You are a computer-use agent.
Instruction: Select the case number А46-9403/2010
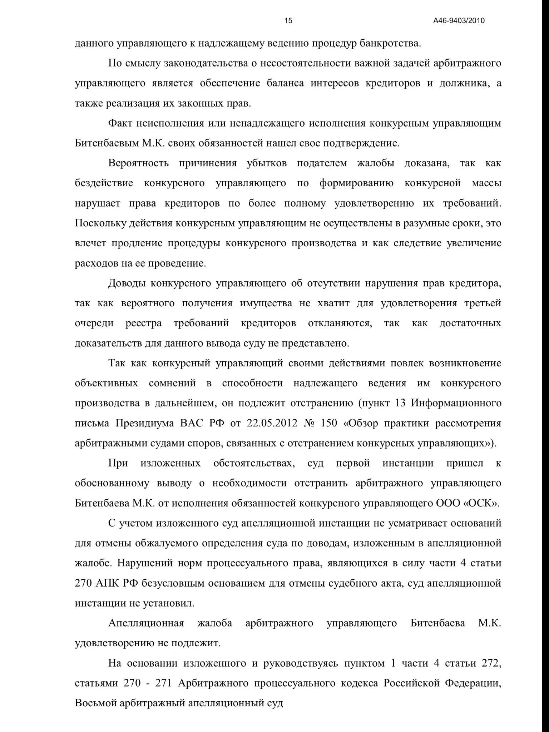point(459,21)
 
